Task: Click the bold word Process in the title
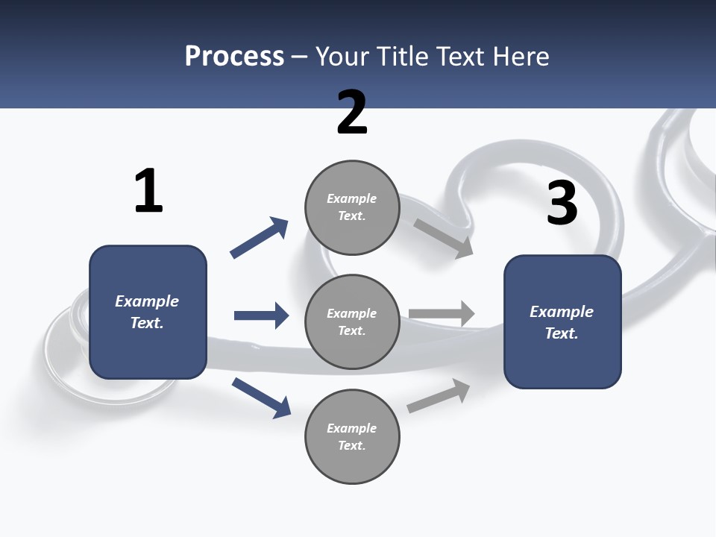pos(234,57)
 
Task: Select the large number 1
pos(148,191)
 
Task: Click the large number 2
pos(352,113)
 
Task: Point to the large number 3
pos(562,203)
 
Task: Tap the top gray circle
pos(352,207)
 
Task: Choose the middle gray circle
pos(352,322)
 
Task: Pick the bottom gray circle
pos(352,437)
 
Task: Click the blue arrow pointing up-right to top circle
pos(260,238)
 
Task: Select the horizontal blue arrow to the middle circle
pos(261,315)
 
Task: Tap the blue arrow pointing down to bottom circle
pos(261,397)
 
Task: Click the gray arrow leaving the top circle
pos(444,238)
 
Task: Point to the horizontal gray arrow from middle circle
pos(442,313)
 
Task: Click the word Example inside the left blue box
pos(147,301)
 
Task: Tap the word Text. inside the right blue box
pos(562,333)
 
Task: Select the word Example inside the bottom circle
pos(351,428)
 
